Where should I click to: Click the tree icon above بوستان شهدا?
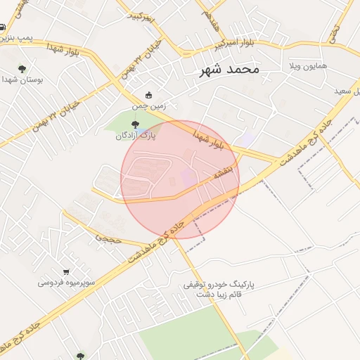coord(22,69)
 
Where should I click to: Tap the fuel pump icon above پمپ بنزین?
coord(3,28)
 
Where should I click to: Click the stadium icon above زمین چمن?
coord(148,96)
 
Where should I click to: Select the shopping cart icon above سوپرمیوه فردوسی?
coord(66,272)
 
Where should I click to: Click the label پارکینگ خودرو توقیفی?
coord(217,285)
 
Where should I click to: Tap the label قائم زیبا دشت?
coord(217,297)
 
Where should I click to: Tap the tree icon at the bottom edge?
coord(79,356)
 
